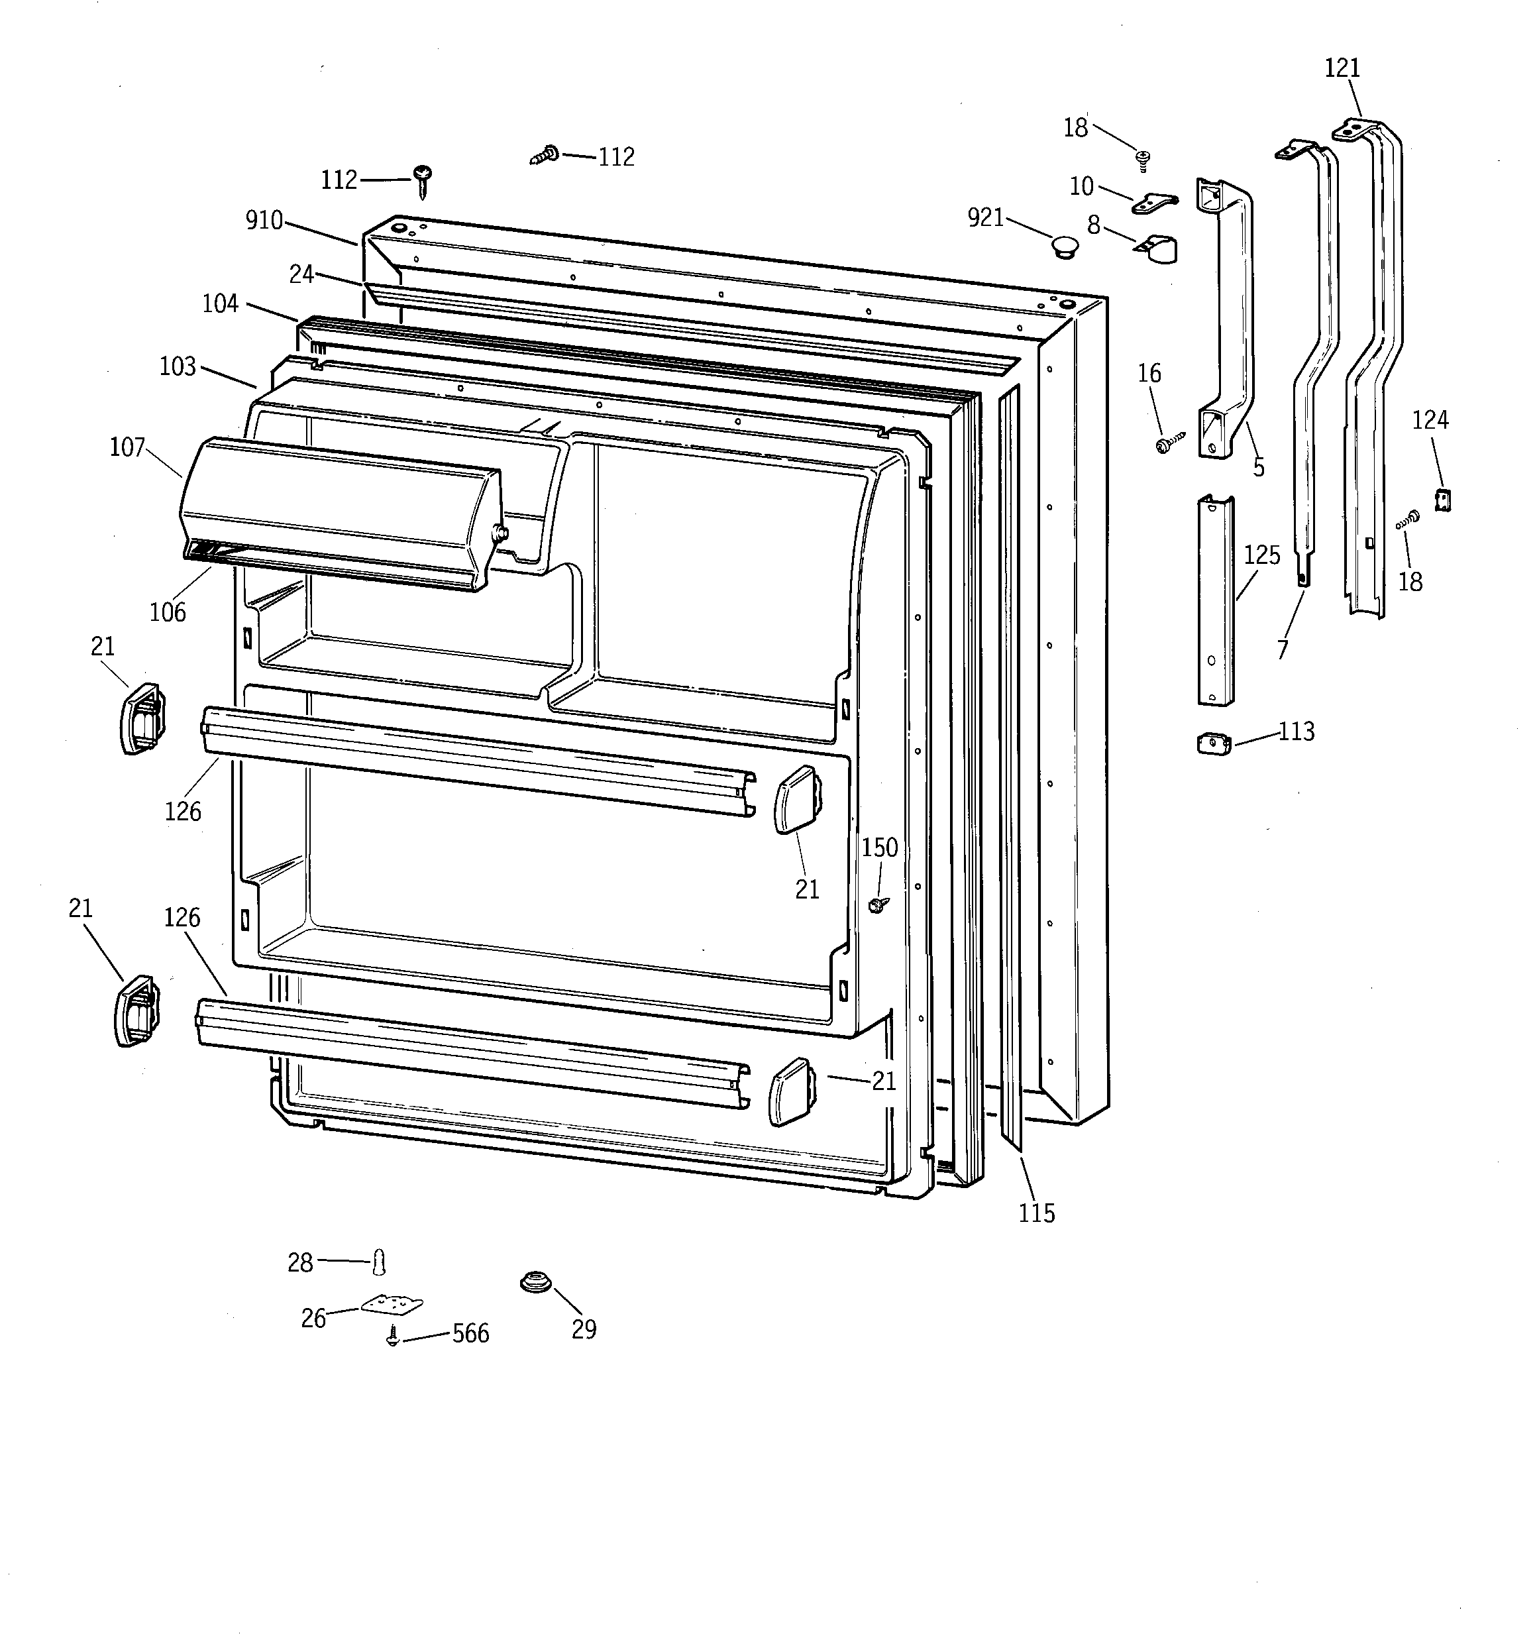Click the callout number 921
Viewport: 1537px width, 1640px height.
985,218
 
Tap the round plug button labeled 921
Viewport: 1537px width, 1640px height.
1064,246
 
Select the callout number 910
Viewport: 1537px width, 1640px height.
264,220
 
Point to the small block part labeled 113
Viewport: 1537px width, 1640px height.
1213,743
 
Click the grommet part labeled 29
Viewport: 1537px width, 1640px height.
535,1283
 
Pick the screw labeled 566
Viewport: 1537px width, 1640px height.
394,1337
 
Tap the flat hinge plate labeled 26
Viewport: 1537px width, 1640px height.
393,1304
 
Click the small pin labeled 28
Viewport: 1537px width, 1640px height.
379,1262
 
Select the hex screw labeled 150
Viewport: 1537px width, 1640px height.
876,905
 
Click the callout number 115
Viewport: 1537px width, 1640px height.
1036,1213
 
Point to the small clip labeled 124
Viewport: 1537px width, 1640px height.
1443,499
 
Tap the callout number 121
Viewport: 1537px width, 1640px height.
1342,68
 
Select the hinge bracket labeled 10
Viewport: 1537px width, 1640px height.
1154,201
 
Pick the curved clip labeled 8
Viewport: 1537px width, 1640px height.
1159,249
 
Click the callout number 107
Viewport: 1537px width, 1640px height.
127,447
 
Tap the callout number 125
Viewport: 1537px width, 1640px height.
1261,555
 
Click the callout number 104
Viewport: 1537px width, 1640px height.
220,303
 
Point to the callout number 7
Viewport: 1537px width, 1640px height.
1282,650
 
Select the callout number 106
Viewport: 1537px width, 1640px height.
168,612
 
